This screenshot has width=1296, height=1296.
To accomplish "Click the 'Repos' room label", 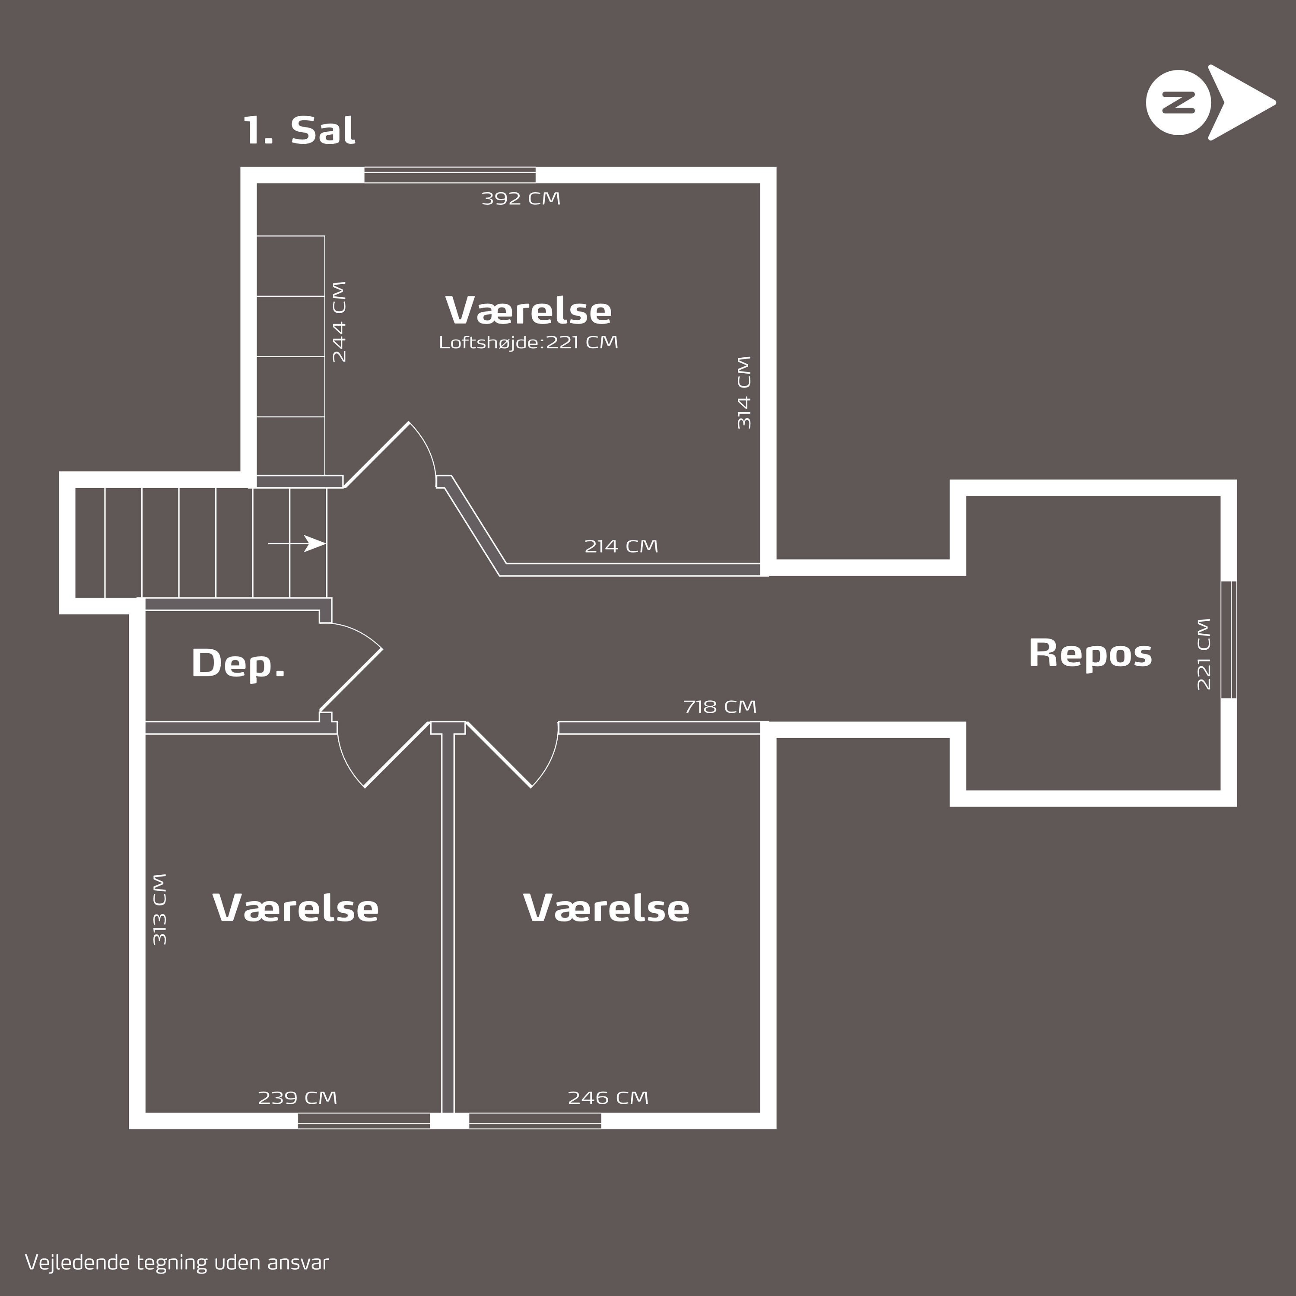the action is pos(1090,653).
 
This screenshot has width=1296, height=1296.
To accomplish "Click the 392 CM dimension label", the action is pos(521,199).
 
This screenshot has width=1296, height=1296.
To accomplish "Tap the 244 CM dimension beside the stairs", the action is pos(340,321).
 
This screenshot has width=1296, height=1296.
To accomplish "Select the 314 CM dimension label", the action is pos(744,392).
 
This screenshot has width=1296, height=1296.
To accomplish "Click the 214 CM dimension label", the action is pos(621,546).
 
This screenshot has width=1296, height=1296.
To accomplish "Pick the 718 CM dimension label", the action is pos(720,706).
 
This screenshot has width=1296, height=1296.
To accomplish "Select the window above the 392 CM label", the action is pos(450,175).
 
